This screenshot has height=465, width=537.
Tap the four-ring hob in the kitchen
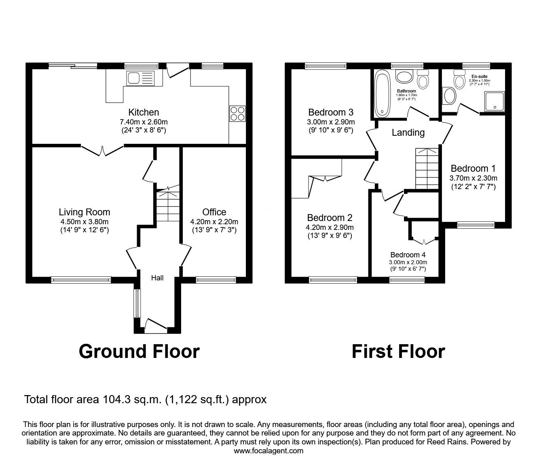(237, 113)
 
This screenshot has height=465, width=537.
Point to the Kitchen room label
(144, 112)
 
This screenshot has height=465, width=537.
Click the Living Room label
(84, 212)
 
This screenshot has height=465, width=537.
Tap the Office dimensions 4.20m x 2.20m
(214, 222)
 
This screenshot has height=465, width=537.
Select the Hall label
(157, 278)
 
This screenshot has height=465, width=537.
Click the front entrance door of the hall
(156, 326)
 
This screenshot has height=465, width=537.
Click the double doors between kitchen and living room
(103, 149)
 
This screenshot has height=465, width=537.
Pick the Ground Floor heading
(139, 351)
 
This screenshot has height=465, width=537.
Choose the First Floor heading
(398, 351)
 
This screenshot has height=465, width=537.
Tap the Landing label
(408, 133)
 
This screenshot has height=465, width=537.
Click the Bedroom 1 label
(473, 168)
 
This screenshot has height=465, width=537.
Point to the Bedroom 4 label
(408, 255)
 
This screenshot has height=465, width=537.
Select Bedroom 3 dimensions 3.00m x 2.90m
(331, 122)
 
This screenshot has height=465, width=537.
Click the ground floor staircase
(168, 206)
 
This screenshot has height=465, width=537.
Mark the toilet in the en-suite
(459, 80)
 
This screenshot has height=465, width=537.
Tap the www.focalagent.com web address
(268, 451)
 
